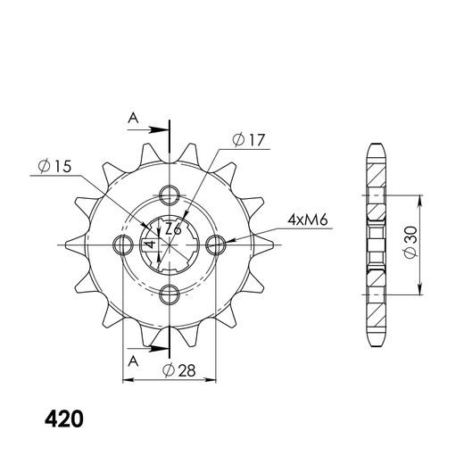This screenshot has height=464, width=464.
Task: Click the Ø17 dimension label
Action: click(249, 140)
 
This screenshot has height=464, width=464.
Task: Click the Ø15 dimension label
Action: click(55, 166)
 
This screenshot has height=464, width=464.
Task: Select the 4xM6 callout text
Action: click(307, 220)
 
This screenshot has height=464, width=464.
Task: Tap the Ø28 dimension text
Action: click(179, 370)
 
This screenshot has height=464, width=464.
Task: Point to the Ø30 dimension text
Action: click(410, 242)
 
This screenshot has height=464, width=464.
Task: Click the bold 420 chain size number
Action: click(64, 419)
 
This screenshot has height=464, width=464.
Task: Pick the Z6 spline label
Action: click(173, 229)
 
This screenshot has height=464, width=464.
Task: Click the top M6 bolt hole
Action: click(170, 195)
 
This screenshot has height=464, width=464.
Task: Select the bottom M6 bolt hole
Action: click(170, 294)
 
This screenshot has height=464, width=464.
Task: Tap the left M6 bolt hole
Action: click(123, 244)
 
